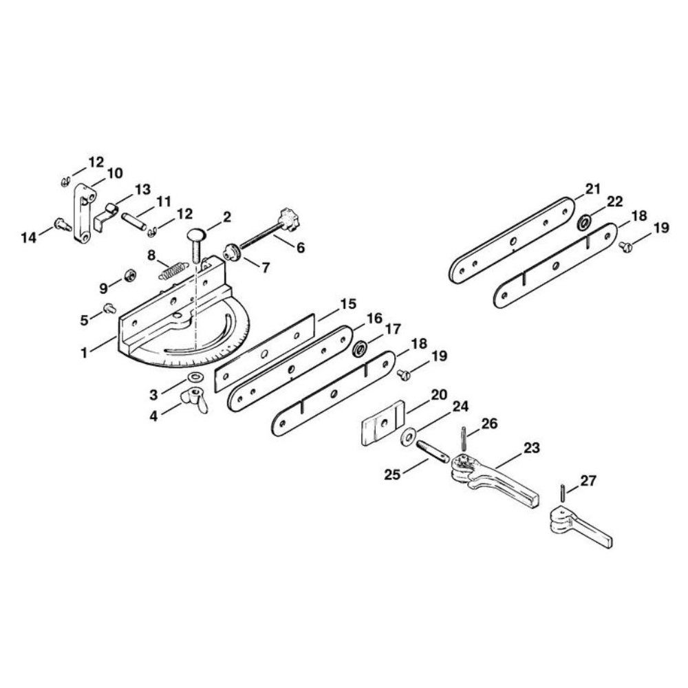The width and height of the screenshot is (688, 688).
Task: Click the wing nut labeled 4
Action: pyautogui.click(x=195, y=399)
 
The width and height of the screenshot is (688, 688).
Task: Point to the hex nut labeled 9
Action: pyautogui.click(x=130, y=276)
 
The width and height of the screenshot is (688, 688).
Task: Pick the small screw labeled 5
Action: pyautogui.click(x=109, y=309)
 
